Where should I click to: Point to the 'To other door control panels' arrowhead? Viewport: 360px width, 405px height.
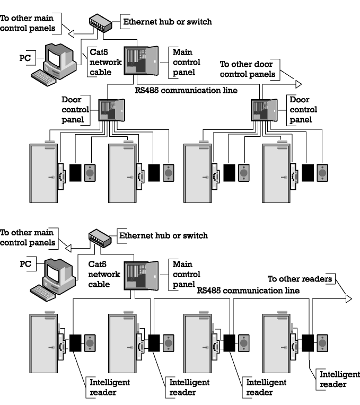tap(299, 83)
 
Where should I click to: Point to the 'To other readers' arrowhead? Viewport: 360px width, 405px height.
tap(348, 298)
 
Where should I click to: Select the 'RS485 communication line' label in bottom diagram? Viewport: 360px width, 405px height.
tap(248, 290)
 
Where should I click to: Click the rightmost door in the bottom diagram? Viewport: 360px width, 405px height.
tap(276, 347)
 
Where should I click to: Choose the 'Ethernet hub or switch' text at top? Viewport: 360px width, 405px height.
tap(167, 22)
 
